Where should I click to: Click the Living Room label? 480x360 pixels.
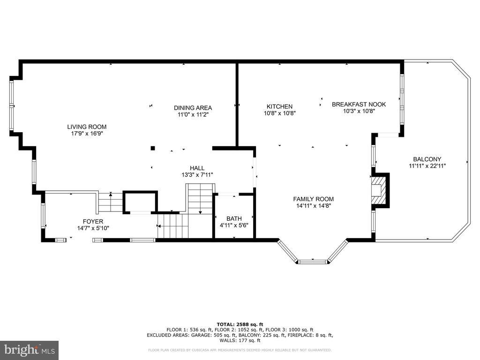[x=87, y=127]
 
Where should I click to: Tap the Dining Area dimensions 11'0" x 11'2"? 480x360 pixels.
[x=193, y=114]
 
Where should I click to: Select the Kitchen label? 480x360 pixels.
[x=279, y=106]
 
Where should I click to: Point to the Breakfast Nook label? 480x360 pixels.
[x=359, y=105]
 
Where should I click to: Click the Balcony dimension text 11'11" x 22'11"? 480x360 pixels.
[x=427, y=166]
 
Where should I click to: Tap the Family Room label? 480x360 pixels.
[x=314, y=199]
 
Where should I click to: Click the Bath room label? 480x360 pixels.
[x=234, y=218]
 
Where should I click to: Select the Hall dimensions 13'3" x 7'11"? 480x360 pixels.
[x=197, y=175]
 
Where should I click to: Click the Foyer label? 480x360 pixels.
[x=93, y=221]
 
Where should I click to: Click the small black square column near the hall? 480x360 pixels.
[x=153, y=149]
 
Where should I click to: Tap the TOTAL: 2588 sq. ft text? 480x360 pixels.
[x=240, y=324]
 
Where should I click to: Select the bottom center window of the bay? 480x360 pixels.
[x=313, y=262]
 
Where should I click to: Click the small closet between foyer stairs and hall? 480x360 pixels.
[x=140, y=202]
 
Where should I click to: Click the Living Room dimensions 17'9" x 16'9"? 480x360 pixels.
[x=87, y=134]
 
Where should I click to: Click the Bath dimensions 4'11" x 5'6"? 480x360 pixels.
[x=234, y=225]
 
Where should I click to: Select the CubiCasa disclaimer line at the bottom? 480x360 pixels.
[x=240, y=350]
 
